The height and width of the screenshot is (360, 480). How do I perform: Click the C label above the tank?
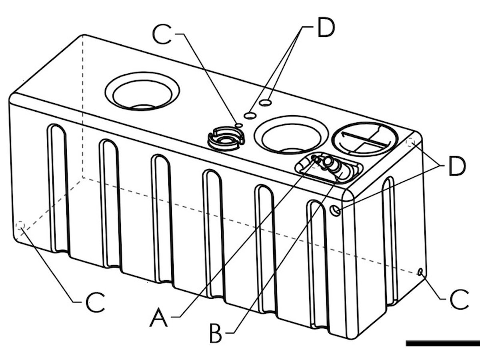[162, 35]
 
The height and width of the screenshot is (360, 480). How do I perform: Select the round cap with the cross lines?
[365, 138]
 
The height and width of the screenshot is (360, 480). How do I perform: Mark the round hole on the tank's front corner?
[336, 210]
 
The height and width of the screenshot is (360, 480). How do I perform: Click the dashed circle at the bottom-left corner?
[20, 226]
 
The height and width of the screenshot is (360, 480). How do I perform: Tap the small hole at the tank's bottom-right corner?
[420, 272]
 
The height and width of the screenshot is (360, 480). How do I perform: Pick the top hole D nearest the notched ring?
[250, 116]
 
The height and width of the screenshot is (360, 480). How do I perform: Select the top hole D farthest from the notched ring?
[265, 103]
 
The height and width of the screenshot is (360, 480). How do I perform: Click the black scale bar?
[442, 343]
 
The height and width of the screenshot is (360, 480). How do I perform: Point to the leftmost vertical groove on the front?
[59, 188]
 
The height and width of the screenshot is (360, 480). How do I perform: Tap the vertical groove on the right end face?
[390, 240]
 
